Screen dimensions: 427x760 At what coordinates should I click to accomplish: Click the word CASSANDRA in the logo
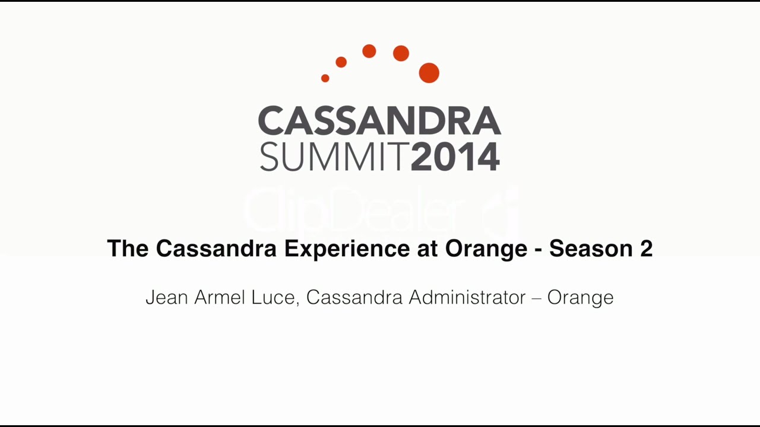tap(379, 121)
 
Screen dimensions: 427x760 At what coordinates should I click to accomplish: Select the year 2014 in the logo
tap(455, 157)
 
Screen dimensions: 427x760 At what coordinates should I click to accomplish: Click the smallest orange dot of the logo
tap(325, 78)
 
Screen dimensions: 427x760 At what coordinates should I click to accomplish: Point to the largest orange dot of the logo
tap(429, 73)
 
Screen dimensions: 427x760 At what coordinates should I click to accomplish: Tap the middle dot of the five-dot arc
tap(369, 52)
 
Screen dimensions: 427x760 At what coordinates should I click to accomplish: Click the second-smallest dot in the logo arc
tap(341, 62)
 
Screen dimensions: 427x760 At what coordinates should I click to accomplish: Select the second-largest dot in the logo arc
tap(401, 53)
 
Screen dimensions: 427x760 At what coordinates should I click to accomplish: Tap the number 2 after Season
tap(646, 248)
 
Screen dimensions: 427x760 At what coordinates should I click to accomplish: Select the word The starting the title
tap(128, 248)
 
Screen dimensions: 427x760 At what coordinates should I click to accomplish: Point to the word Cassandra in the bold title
tap(216, 248)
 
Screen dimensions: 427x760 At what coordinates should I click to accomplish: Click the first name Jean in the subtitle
tap(167, 297)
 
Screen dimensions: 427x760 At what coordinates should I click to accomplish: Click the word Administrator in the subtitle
tap(467, 297)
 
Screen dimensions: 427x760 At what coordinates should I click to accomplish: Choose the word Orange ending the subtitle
tap(580, 297)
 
